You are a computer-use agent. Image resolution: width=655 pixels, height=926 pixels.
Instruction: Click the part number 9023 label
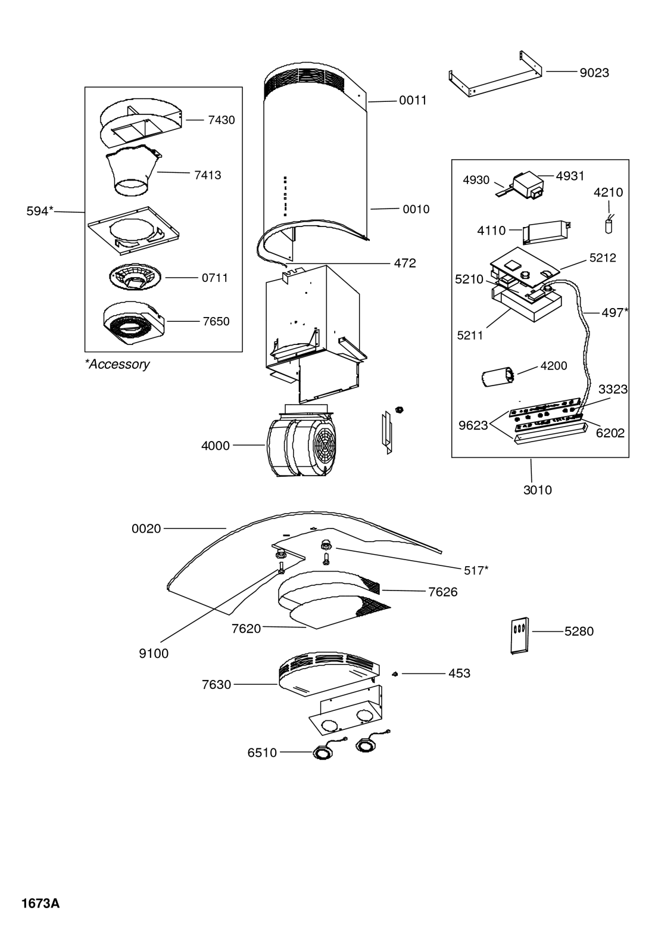(594, 73)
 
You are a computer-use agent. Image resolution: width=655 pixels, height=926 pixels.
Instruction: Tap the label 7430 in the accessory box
(222, 120)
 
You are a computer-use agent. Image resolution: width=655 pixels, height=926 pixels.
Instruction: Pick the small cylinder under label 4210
(609, 226)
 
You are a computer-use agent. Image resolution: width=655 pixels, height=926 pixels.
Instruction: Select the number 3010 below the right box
(537, 490)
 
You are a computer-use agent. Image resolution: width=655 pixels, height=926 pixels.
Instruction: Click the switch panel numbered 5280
(520, 636)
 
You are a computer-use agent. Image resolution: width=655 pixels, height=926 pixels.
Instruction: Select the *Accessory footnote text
(117, 364)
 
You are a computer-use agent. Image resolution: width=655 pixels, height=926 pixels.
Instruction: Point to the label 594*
(40, 212)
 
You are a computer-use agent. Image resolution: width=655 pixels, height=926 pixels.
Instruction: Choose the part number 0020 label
(146, 529)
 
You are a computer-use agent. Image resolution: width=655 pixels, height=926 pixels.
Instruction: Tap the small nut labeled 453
(395, 674)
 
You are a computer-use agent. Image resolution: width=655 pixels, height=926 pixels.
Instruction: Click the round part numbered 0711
(135, 278)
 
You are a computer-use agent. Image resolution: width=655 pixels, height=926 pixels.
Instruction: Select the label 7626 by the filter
(443, 592)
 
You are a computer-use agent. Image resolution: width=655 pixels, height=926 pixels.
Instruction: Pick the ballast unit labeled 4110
(546, 231)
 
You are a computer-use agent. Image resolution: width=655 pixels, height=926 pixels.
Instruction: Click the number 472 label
(405, 263)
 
